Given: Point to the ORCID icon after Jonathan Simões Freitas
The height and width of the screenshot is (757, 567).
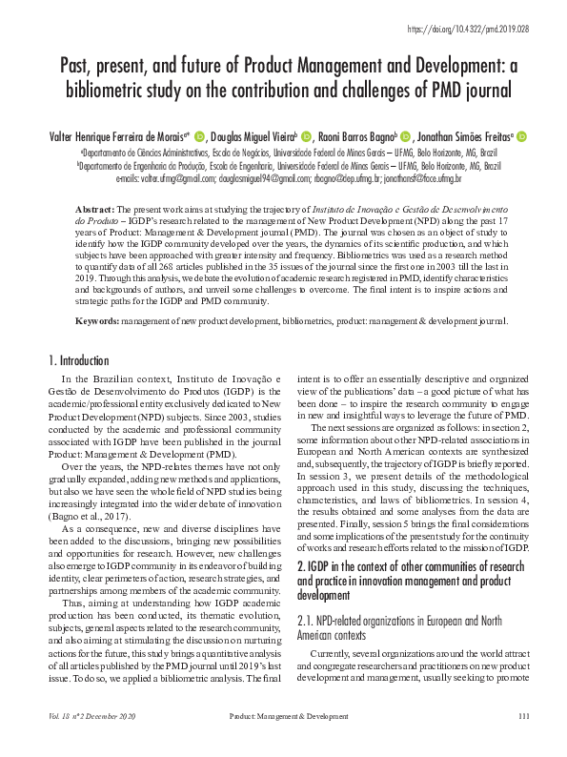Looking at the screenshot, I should [x=522, y=137].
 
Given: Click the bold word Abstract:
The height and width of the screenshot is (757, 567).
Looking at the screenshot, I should [x=98, y=207].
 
